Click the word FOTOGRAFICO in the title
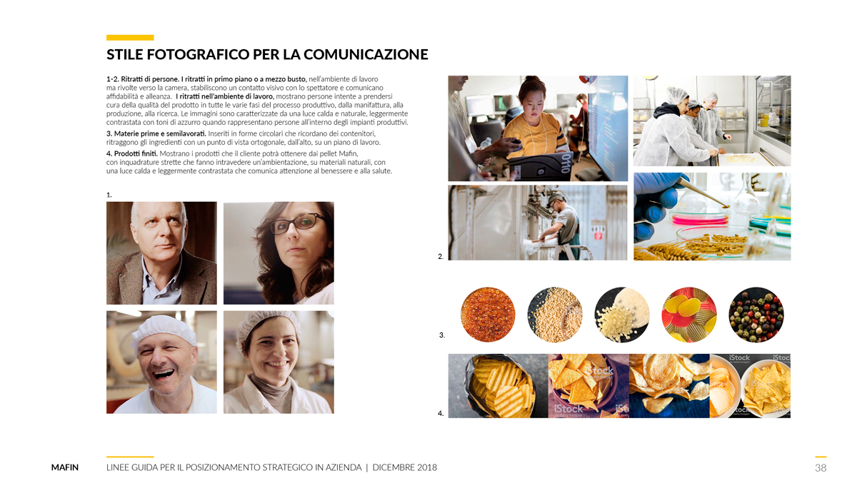(198, 54)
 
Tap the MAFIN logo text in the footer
(65, 467)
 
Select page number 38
(821, 468)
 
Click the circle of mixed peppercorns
(756, 315)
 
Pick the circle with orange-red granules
(488, 315)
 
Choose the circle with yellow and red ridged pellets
(689, 315)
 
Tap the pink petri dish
(699, 218)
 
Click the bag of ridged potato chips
(498, 386)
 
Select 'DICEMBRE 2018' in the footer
(404, 467)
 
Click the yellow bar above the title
(130, 37)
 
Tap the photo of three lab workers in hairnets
(712, 121)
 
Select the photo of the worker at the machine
(538, 223)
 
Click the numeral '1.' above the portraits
(109, 195)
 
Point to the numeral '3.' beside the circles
(442, 335)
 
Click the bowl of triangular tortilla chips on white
(766, 388)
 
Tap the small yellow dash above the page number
(821, 457)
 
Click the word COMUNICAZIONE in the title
(366, 54)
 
